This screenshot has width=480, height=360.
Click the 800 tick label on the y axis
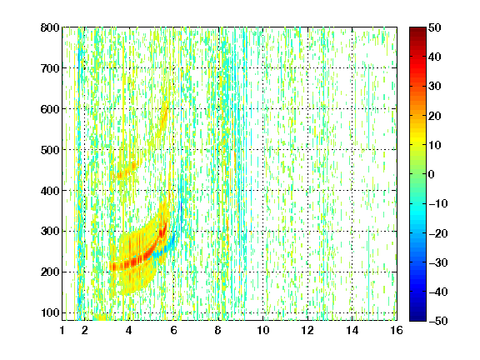tap(50, 27)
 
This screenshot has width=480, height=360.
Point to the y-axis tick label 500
tap(50, 150)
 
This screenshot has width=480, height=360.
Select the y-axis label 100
tap(50, 312)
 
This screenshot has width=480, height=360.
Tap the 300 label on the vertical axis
tap(50, 231)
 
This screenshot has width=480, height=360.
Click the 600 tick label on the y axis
tap(50, 109)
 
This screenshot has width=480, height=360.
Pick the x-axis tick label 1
tap(62, 330)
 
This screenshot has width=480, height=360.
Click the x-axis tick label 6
tap(173, 330)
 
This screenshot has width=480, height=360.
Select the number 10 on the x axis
tap(263, 330)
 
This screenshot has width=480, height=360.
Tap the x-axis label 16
tap(397, 330)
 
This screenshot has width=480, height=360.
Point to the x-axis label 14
tap(352, 330)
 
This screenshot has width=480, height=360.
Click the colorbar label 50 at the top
tap(435, 27)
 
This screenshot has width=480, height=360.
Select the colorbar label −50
tap(438, 321)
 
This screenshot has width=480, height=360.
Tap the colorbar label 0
tap(432, 174)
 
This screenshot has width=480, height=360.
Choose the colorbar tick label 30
tap(435, 87)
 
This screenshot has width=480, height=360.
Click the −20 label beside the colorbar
tap(438, 233)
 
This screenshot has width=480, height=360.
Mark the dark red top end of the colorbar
tap(417, 28)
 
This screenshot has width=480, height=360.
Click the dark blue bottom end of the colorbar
tap(417, 320)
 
